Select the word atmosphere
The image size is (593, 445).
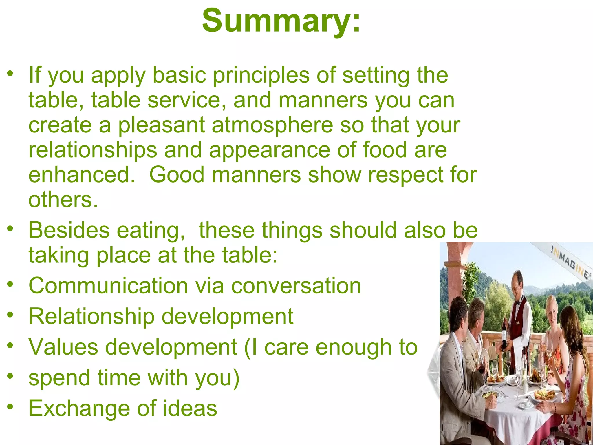point(272,125)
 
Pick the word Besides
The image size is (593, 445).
point(69,230)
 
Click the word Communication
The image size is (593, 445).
point(108,286)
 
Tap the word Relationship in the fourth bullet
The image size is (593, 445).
point(91,316)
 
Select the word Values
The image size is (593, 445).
point(63,347)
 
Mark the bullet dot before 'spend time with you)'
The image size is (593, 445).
point(10,376)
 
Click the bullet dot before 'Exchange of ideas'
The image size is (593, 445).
point(10,407)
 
